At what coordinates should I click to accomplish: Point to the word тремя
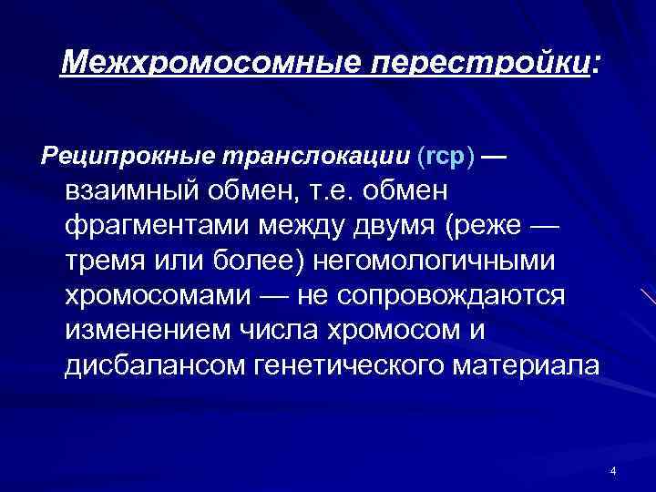click(110, 261)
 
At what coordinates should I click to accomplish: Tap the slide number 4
click(613, 470)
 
